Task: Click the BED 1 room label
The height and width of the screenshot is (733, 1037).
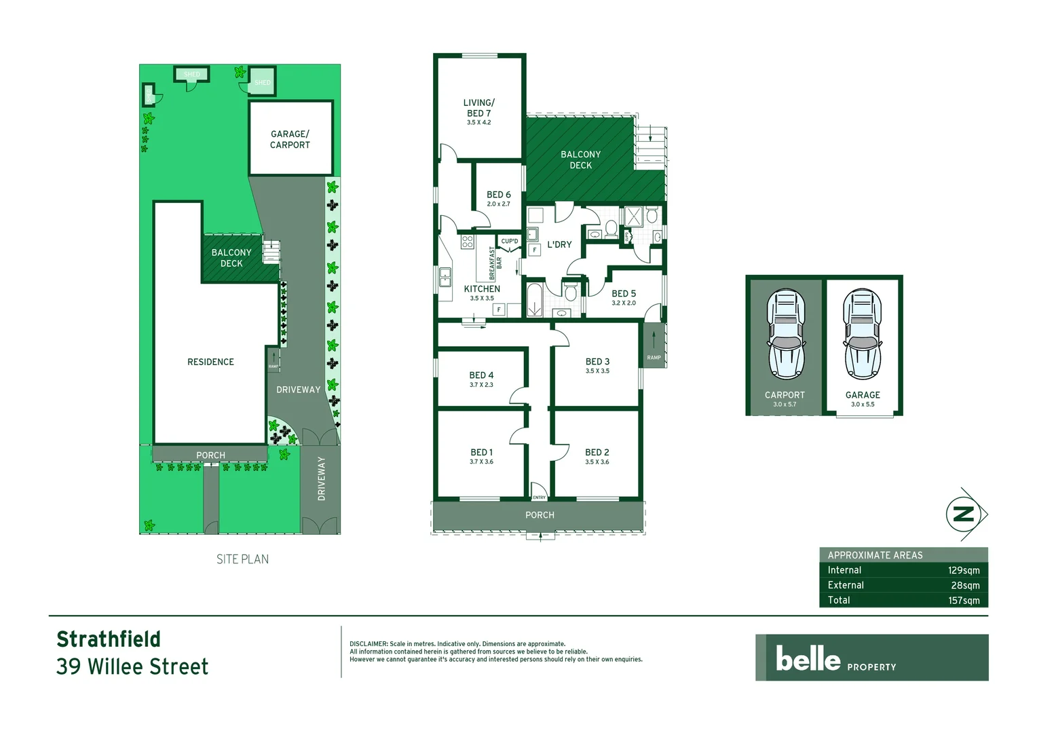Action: point(481,452)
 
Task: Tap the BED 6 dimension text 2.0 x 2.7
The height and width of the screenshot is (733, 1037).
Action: point(498,204)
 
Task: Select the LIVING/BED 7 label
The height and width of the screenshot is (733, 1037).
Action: point(478,108)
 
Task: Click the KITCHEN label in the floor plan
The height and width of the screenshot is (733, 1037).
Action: point(482,289)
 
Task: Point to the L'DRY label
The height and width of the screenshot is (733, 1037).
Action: point(559,245)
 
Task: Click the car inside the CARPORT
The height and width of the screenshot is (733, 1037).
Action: point(785,335)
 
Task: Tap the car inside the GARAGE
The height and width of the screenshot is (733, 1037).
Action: point(862,335)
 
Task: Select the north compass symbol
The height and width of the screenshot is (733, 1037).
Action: point(964,514)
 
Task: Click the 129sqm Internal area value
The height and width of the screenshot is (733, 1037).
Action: point(964,571)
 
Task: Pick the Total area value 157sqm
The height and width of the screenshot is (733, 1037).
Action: point(964,601)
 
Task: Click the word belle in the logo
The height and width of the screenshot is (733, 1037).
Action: point(808,658)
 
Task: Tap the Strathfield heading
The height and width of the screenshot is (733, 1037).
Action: point(109,639)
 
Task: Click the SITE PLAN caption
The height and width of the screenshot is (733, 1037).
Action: point(242,559)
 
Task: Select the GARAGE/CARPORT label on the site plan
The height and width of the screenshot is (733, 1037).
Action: point(290,140)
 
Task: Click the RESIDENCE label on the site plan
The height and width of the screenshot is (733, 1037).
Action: point(210,362)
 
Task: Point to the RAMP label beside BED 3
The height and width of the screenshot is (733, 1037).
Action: point(654,358)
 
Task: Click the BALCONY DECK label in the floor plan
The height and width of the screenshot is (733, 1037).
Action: point(580,160)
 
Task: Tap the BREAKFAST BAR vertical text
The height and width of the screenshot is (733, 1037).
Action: point(495,263)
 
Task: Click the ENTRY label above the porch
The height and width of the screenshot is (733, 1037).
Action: point(539,497)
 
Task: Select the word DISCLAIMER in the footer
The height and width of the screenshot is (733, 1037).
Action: point(369,644)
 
